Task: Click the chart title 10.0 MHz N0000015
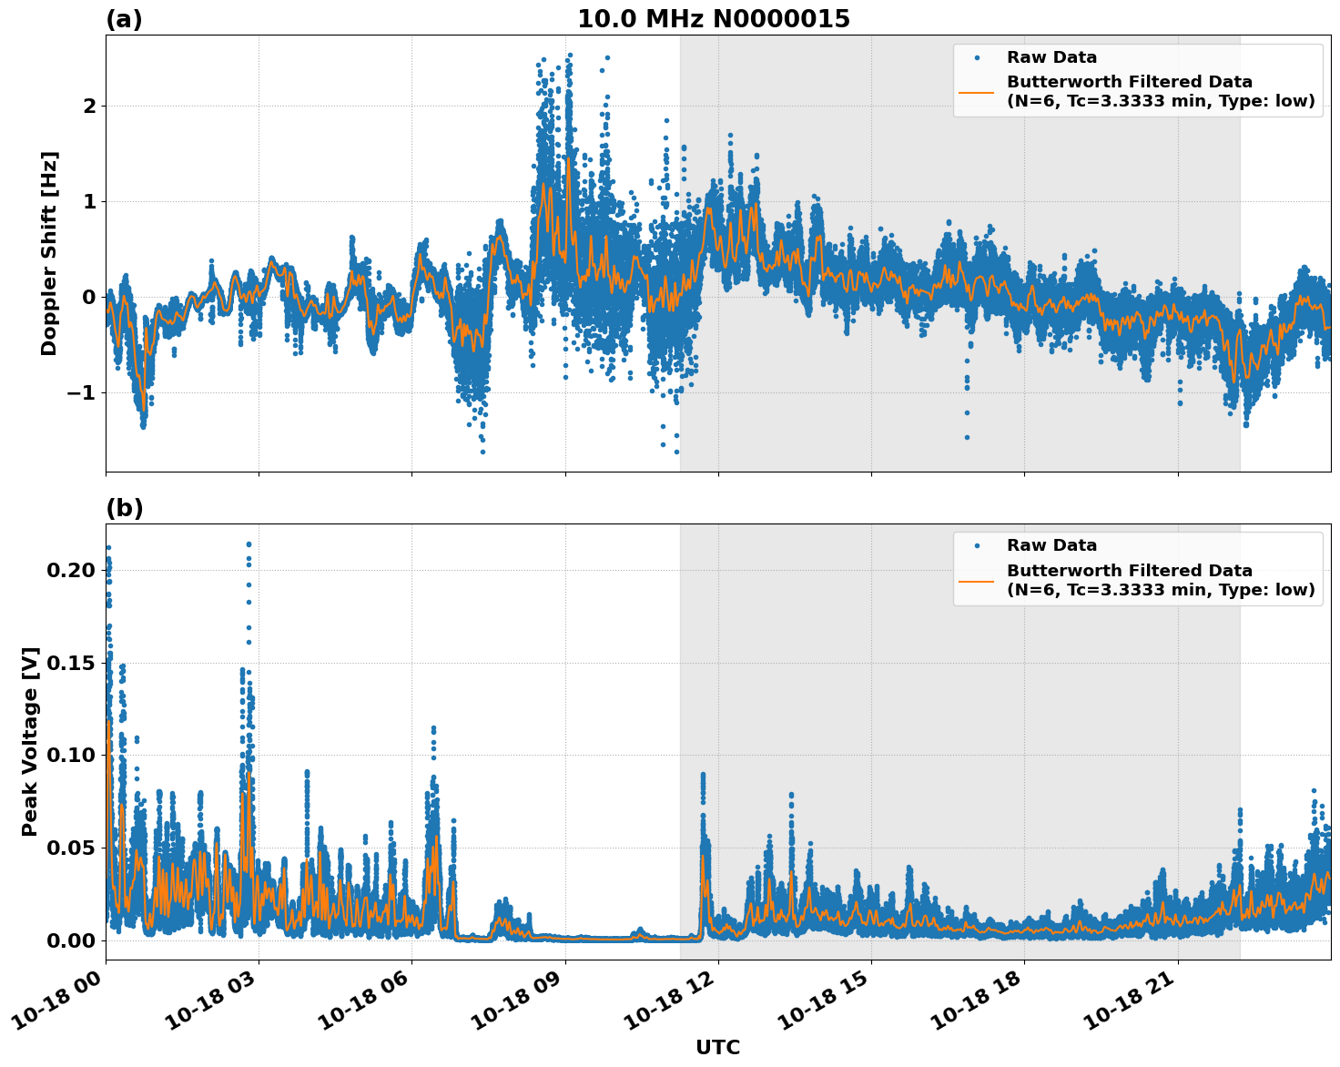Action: pyautogui.click(x=713, y=19)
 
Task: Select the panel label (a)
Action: pyautogui.click(x=124, y=19)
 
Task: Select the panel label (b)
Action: pyautogui.click(x=124, y=508)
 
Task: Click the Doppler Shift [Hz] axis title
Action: pyautogui.click(x=49, y=253)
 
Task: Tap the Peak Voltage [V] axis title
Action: pyautogui.click(x=30, y=741)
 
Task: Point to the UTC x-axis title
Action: pyautogui.click(x=717, y=1047)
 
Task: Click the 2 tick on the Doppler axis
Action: pyautogui.click(x=89, y=107)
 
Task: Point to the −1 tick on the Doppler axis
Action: pyautogui.click(x=83, y=393)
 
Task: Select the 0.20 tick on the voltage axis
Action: pyautogui.click(x=70, y=571)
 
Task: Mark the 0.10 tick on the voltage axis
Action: pyautogui.click(x=70, y=756)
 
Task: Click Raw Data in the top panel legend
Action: pyautogui.click(x=1051, y=58)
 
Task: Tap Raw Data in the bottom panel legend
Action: pyautogui.click(x=1051, y=545)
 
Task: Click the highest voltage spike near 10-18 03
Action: pyautogui.click(x=249, y=544)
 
